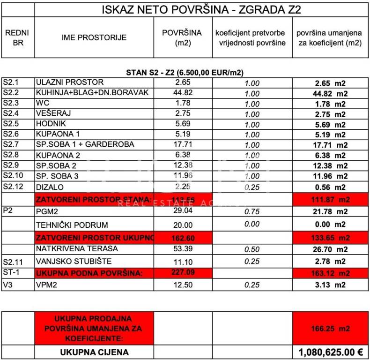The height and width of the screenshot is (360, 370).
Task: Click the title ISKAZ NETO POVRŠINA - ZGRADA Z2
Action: tap(201, 10)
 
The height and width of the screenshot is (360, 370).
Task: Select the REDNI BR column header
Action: tap(17, 37)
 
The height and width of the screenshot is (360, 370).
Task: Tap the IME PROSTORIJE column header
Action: tap(94, 37)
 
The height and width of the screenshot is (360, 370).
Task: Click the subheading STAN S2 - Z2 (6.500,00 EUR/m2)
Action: tap(185, 73)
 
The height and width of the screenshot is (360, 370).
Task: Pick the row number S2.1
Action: tap(11, 82)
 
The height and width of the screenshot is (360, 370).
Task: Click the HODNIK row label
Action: tap(50, 124)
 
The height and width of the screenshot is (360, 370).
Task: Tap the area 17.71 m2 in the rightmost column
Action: tap(330, 145)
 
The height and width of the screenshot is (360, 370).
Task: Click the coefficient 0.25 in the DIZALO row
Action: tap(252, 187)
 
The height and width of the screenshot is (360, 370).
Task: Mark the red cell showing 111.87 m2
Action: tap(330, 200)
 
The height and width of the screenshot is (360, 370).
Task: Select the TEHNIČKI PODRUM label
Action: tap(72, 225)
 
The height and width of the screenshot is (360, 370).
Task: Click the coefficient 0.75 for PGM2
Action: tap(252, 212)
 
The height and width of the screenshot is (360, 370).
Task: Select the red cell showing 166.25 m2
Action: tap(330, 329)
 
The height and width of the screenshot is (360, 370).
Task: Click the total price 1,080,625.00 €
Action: tap(331, 352)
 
